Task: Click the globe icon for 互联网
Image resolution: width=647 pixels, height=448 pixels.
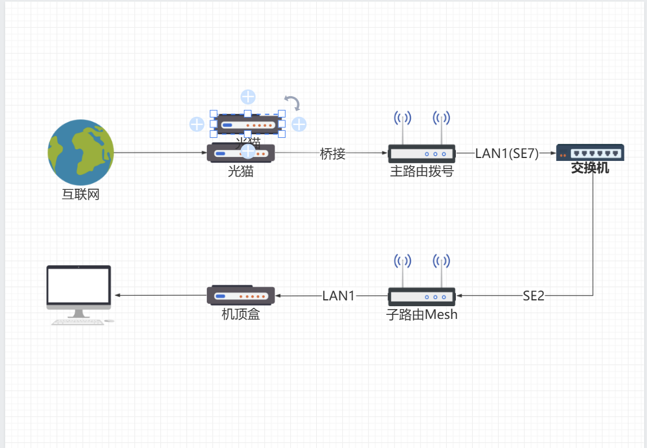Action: (81, 152)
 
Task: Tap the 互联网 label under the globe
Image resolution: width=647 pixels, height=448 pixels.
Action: (81, 194)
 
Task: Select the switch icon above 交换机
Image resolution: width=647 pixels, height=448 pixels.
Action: (590, 153)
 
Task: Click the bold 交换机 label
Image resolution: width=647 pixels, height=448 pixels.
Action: (590, 169)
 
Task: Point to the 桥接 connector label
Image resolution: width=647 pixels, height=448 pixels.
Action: (332, 153)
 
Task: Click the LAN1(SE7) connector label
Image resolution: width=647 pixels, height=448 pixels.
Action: (507, 153)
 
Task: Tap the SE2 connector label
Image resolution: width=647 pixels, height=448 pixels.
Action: (533, 296)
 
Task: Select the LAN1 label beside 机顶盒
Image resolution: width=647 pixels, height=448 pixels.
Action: (338, 296)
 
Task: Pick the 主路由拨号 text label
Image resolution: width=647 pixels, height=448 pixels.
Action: (421, 172)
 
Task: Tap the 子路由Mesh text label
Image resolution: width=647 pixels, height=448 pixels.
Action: (422, 315)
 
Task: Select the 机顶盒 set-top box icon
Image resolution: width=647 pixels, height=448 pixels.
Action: (240, 295)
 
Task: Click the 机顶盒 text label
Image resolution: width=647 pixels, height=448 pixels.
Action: (240, 314)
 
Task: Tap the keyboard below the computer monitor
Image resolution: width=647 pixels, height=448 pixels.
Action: (78, 322)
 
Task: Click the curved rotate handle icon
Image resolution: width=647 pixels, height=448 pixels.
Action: (293, 103)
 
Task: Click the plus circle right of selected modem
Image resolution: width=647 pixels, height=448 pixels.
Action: (299, 124)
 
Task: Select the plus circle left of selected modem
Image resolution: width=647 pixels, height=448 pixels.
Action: (197, 124)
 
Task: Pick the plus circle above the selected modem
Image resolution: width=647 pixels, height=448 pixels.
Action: (248, 97)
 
